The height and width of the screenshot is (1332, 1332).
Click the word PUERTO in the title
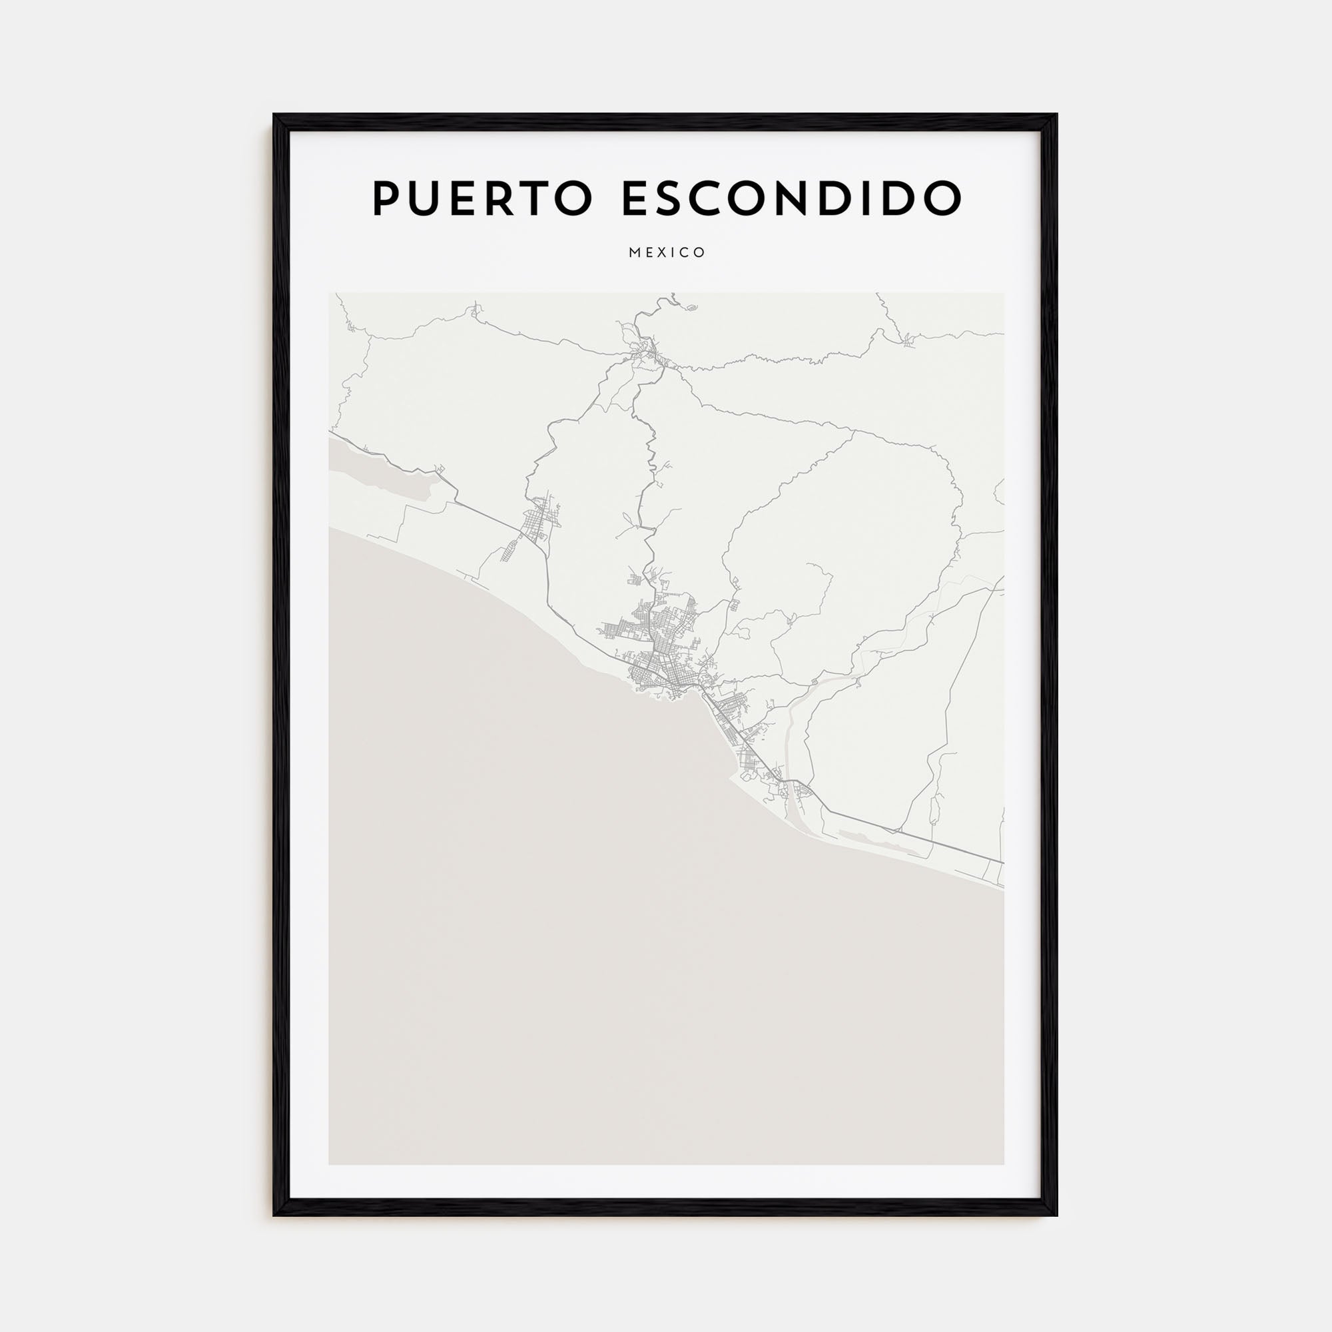coord(483,198)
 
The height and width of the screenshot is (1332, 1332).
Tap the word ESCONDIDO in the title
coord(791,198)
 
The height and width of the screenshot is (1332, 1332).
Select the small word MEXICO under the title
coord(667,252)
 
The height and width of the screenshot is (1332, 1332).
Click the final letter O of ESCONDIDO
coord(942,198)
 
